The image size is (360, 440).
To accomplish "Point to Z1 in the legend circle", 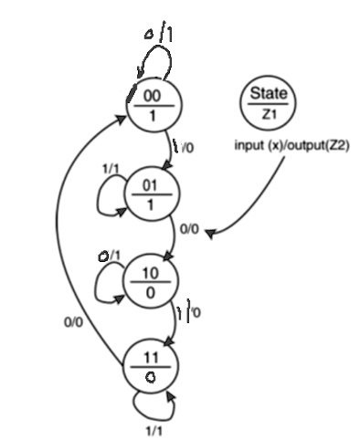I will click(266, 113).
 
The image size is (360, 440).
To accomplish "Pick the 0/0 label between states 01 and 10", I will click(190, 232).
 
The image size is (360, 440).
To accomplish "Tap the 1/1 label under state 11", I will click(153, 426).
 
